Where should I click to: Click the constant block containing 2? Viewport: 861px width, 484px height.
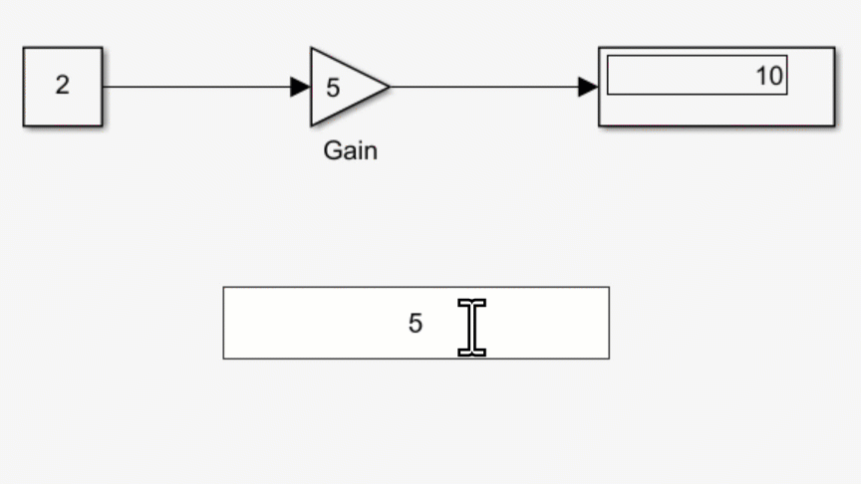[x=62, y=87]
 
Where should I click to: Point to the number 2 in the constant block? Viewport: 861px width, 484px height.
[x=63, y=86]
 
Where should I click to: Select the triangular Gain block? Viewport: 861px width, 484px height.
[x=344, y=87]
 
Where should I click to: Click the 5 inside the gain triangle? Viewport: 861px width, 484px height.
[x=333, y=88]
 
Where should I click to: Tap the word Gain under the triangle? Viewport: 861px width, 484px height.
[x=350, y=151]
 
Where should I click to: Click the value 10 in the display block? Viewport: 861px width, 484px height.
[x=768, y=76]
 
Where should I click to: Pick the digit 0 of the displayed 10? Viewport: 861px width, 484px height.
[x=775, y=76]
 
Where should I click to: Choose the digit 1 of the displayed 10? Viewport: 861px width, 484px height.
[x=762, y=76]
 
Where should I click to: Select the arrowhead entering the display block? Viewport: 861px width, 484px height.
[x=588, y=87]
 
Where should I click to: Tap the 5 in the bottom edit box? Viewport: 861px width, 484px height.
[x=416, y=324]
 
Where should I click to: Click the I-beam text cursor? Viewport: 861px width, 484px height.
[x=471, y=327]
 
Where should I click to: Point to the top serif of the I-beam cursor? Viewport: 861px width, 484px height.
[x=471, y=302]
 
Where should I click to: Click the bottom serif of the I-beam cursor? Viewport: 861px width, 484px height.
[x=471, y=352]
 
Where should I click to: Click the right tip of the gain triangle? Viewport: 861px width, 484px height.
[x=387, y=87]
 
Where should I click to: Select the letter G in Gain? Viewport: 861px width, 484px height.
[x=332, y=151]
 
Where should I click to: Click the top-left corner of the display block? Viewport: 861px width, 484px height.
[x=599, y=48]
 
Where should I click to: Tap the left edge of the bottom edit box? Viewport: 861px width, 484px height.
[x=223, y=323]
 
